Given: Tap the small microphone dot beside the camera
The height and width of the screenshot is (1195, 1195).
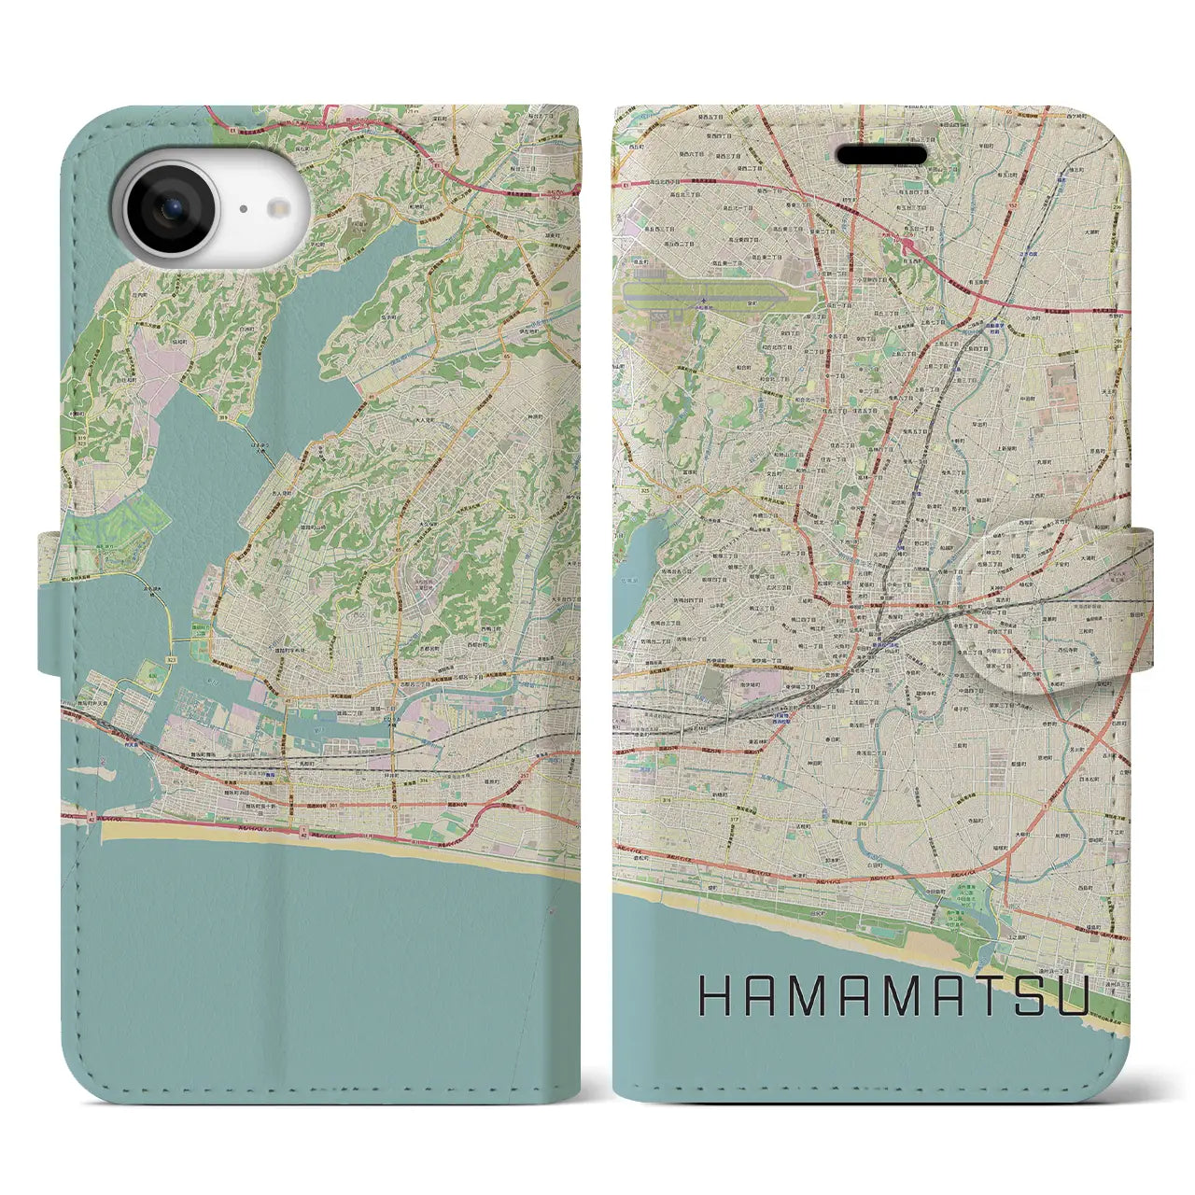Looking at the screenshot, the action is click(242, 210).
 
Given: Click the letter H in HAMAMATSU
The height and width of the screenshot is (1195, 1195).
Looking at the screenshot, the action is click(717, 998).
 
